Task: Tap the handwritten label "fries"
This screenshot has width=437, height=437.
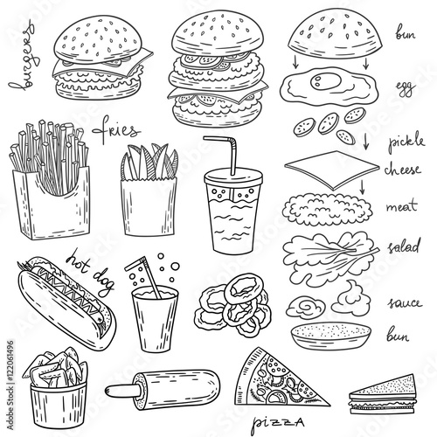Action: pos(115,130)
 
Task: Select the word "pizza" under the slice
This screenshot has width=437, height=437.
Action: pos(277,422)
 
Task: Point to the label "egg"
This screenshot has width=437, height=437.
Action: pos(406,88)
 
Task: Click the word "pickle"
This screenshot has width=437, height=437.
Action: pos(406,142)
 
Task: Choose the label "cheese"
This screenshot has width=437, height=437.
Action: pos(403,170)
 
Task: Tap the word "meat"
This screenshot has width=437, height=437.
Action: pos(401,206)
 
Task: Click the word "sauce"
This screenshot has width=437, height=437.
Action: pos(405,303)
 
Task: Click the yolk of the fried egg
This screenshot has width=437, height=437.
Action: pos(325,80)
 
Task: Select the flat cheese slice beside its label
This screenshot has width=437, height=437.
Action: pos(332,170)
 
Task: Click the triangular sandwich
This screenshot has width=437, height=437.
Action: pos(382,396)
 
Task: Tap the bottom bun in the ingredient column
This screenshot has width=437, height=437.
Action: pos(330,335)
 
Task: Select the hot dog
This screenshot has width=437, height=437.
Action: pos(67,303)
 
